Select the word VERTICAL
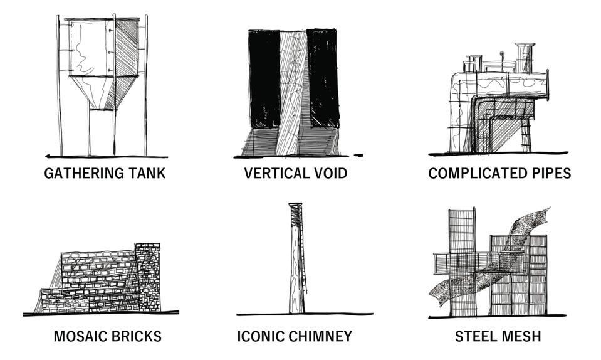point(274,173)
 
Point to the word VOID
point(328,173)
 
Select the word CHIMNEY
point(320,337)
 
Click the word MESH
point(522,337)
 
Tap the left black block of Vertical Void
point(264,78)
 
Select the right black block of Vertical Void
point(323,78)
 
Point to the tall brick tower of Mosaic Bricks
point(147,276)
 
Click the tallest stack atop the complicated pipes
point(525,58)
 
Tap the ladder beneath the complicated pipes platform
point(525,135)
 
